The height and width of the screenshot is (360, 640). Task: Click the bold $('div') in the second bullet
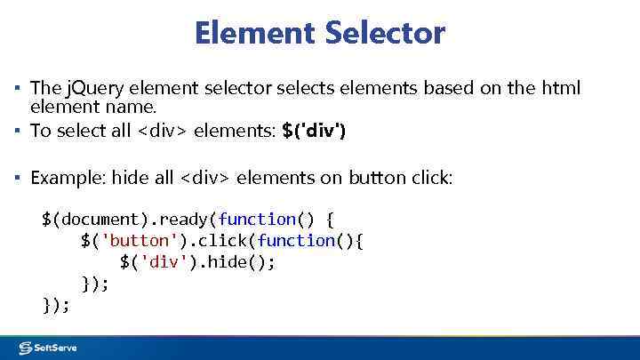[x=314, y=131]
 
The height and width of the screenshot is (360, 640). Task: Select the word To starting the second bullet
[x=41, y=131]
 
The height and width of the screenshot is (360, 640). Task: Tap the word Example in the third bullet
[x=66, y=178]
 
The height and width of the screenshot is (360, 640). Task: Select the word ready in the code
[x=183, y=219]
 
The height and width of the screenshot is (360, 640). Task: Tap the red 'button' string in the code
[x=134, y=241]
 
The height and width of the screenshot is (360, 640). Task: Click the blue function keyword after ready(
[x=257, y=219]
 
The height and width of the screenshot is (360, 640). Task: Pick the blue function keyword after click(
[x=296, y=241]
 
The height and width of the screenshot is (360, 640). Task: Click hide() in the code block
[x=244, y=262]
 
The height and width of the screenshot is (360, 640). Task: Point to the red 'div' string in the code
[x=164, y=262]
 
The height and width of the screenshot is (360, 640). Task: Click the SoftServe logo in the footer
[x=50, y=347]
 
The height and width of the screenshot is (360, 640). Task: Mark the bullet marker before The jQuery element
[x=16, y=88]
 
